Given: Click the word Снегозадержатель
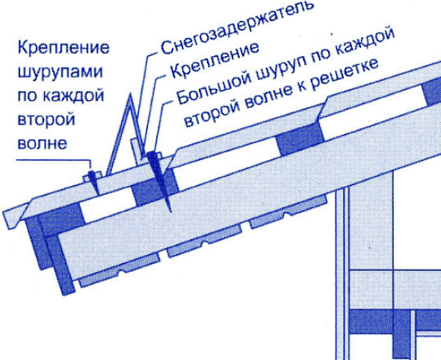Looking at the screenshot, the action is tap(237, 26).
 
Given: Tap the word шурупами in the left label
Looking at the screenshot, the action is tap(61, 72).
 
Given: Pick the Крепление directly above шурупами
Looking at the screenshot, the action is tap(64, 48).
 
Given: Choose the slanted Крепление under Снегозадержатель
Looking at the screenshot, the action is tap(215, 60).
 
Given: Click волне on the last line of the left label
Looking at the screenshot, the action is tap(43, 143).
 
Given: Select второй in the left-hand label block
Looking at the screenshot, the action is tap(46, 120).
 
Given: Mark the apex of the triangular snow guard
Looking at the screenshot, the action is tap(129, 94).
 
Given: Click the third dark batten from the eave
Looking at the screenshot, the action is tap(300, 139).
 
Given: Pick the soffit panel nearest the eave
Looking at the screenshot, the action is tap(118, 270).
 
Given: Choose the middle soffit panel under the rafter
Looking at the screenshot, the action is tap(203, 241).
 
